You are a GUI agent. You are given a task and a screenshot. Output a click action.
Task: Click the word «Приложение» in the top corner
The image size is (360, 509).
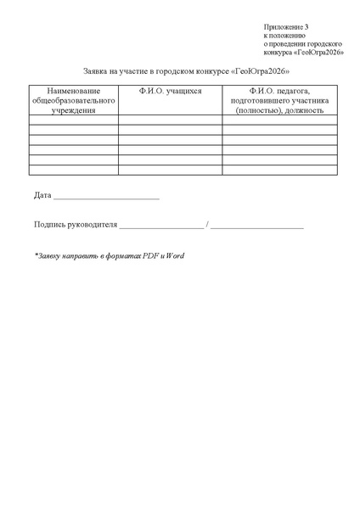pos(283,28)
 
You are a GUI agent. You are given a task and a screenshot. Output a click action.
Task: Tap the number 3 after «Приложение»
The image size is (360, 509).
pos(307,28)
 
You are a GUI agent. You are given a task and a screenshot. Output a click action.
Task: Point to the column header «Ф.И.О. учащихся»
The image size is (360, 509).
pos(170,91)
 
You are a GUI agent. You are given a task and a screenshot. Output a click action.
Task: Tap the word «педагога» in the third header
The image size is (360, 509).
pos(295,91)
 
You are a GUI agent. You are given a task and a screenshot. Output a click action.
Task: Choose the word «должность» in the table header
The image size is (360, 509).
pos(303,109)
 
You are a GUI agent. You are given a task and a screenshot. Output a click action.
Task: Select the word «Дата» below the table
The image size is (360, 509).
pos(42,197)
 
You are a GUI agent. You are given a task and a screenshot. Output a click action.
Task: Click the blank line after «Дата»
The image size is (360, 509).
pos(106,199)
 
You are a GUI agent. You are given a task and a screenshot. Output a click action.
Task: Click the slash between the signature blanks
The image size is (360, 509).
pos(207,226)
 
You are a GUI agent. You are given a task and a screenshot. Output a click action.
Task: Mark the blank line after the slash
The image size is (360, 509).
pos(257,227)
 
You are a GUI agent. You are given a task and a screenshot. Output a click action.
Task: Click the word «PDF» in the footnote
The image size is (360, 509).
pos(150,255)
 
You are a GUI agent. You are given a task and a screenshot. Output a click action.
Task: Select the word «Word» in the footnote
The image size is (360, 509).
pos(175,255)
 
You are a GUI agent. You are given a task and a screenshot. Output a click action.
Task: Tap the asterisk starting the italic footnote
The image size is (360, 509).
pos(37,255)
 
